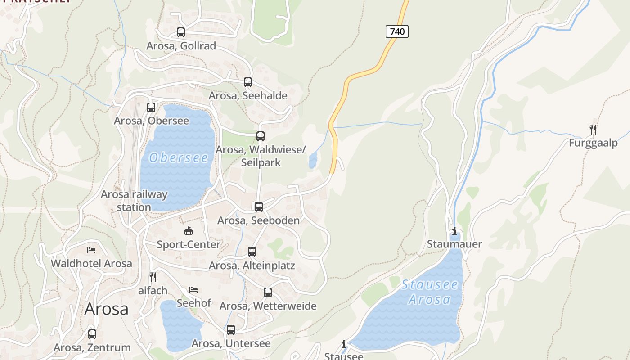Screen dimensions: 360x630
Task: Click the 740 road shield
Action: click(397, 31)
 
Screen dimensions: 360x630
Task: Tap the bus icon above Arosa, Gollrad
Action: click(181, 32)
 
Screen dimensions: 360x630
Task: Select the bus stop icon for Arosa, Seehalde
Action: click(248, 82)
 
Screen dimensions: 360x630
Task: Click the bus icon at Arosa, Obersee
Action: click(151, 108)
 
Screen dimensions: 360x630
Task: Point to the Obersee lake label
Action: click(179, 157)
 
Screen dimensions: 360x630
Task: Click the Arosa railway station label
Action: click(134, 201)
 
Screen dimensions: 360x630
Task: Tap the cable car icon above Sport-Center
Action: click(189, 231)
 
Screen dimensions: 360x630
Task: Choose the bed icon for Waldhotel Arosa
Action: click(91, 250)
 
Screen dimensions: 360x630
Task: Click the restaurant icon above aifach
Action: click(153, 277)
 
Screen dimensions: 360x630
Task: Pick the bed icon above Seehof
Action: click(193, 289)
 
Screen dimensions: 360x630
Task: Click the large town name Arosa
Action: click(106, 309)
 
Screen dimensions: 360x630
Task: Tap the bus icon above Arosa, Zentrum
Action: click(92, 334)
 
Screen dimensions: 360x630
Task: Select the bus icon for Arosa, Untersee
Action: click(231, 330)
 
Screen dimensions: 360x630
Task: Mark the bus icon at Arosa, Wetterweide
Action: click(268, 292)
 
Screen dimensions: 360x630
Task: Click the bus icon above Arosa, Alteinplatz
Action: click(252, 252)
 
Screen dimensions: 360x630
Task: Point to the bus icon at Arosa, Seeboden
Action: click(259, 207)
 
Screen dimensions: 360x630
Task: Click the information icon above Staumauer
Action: click(454, 231)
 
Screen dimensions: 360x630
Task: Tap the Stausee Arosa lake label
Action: click(429, 292)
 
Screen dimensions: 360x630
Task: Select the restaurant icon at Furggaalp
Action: click(593, 130)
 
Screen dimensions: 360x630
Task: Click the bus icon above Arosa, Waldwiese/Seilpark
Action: click(261, 136)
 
